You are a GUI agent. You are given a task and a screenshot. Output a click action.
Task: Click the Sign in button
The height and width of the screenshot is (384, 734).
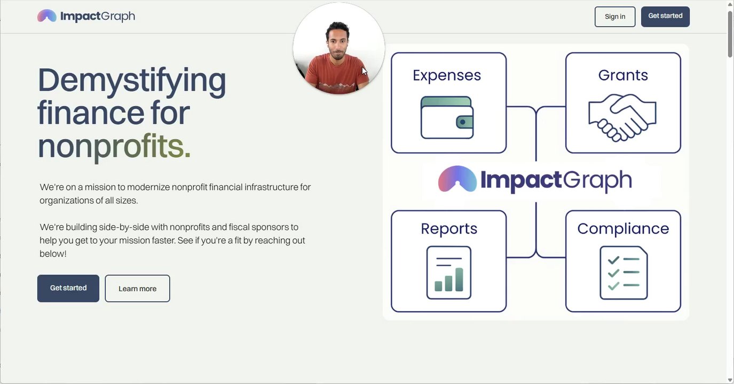click(615, 17)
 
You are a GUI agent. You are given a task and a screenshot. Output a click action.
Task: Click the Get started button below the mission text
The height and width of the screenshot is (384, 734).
click(68, 288)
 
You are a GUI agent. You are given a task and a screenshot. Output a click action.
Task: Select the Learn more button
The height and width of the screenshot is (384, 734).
click(137, 289)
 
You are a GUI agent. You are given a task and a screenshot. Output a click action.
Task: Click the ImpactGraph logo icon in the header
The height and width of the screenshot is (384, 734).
click(47, 15)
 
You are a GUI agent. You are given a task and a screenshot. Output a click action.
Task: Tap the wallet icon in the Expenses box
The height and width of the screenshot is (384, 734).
click(447, 117)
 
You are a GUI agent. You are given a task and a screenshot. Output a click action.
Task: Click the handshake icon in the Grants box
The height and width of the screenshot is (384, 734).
click(622, 118)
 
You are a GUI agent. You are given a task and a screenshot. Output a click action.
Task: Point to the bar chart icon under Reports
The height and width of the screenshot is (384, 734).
click(448, 273)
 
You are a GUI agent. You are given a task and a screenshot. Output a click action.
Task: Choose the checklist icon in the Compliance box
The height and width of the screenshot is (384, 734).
click(623, 273)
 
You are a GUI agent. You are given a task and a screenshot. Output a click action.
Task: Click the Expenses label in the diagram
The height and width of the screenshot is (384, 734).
click(447, 76)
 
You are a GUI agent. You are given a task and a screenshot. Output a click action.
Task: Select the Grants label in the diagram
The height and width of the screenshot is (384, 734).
click(623, 75)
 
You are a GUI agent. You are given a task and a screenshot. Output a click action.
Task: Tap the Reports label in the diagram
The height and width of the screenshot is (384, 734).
click(449, 229)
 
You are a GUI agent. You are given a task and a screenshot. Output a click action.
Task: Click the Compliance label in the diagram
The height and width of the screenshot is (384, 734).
click(623, 229)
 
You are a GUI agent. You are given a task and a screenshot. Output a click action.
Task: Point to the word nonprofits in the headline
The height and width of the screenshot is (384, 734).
click(114, 146)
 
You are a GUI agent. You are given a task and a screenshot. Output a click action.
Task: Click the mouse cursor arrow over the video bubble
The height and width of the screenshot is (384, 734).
click(364, 71)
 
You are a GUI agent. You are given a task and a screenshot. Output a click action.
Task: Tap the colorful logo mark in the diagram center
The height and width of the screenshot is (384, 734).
click(457, 179)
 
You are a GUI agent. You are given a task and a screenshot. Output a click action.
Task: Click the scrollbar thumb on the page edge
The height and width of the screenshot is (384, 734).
click(730, 34)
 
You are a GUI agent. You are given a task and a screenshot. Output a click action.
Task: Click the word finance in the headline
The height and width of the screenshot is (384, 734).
click(91, 113)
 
